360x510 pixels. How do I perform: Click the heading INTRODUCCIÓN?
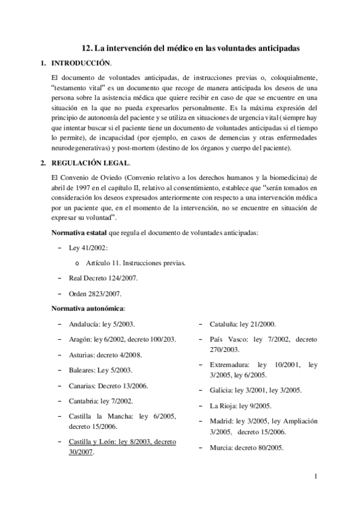click(x=82, y=63)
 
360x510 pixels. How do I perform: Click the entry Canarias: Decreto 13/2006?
click(x=109, y=386)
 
